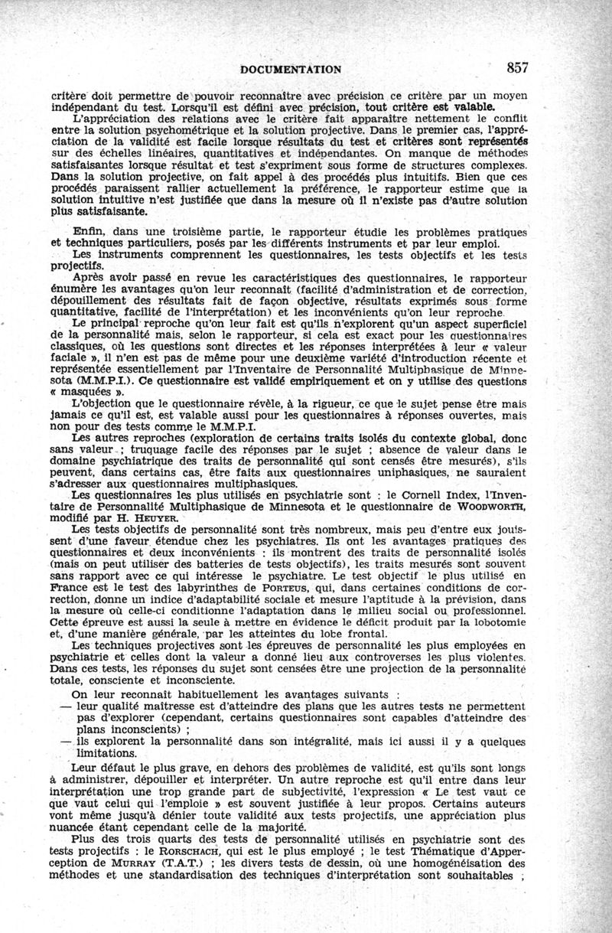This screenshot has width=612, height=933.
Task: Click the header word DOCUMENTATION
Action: coord(291,69)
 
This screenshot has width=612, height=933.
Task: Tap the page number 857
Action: coord(516,67)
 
